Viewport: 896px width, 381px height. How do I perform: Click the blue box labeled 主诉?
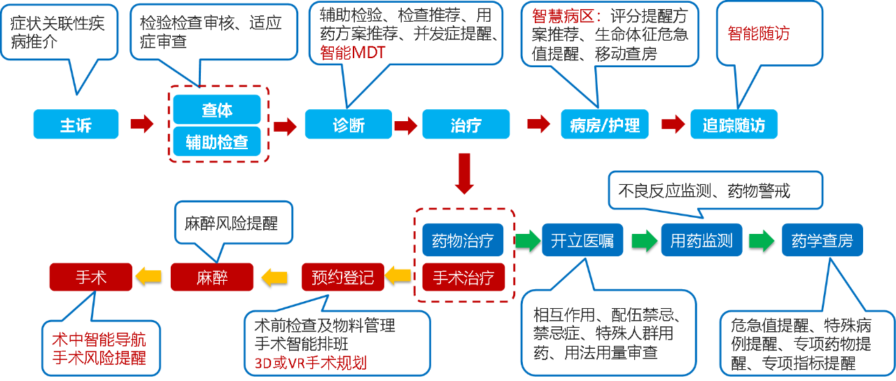[x=76, y=125]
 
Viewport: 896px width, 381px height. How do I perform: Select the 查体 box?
[x=217, y=109]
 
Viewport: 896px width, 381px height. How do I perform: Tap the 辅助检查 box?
[x=217, y=141]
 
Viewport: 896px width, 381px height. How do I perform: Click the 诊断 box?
[x=349, y=125]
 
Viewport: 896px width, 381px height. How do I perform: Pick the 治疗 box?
[x=465, y=125]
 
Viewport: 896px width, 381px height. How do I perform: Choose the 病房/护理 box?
[x=605, y=125]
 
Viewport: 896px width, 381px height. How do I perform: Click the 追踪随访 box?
[x=734, y=125]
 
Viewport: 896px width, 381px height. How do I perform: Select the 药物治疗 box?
[x=463, y=242]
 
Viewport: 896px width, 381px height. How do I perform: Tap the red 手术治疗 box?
[x=463, y=278]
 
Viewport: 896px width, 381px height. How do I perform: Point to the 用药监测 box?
[x=701, y=241]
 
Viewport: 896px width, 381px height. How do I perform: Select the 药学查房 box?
[x=822, y=241]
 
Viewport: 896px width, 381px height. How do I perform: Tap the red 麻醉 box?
[x=211, y=277]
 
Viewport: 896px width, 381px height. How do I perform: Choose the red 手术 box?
[x=91, y=277]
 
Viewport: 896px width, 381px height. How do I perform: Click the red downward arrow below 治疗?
[x=465, y=174]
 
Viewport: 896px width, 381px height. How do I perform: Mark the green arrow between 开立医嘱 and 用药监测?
[x=643, y=241]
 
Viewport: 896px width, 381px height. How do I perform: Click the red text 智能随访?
[x=759, y=34]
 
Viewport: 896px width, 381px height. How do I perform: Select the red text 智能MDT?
[x=353, y=52]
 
